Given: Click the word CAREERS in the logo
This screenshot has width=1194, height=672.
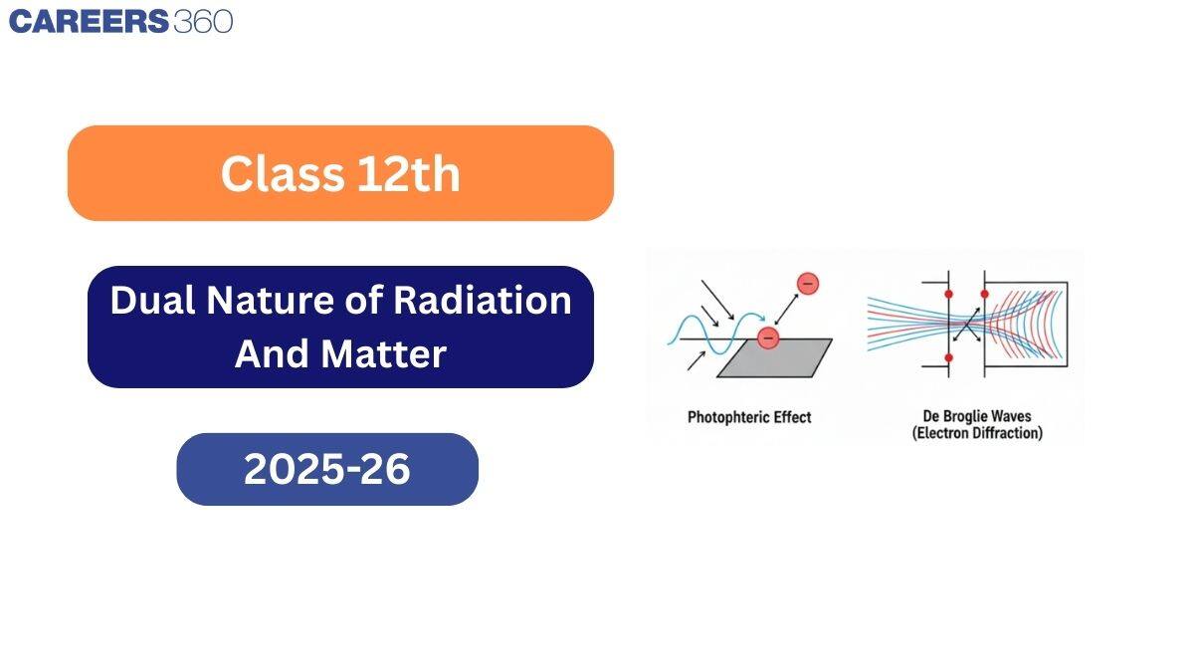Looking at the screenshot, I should click(88, 21).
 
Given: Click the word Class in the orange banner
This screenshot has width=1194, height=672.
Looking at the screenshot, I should click(276, 174).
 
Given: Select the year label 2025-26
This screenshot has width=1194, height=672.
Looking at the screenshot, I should click(326, 469).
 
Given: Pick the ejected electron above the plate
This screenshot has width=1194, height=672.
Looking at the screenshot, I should click(807, 284).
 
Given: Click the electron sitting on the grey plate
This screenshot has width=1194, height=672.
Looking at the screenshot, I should click(767, 337).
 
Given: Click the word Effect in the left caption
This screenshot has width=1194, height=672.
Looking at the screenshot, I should click(792, 417).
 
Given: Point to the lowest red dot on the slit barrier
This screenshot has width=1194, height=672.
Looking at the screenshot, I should click(948, 356).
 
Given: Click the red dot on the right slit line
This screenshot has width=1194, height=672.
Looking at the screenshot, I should click(984, 295).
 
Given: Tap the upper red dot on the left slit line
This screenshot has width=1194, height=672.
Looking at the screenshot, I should click(948, 295).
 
